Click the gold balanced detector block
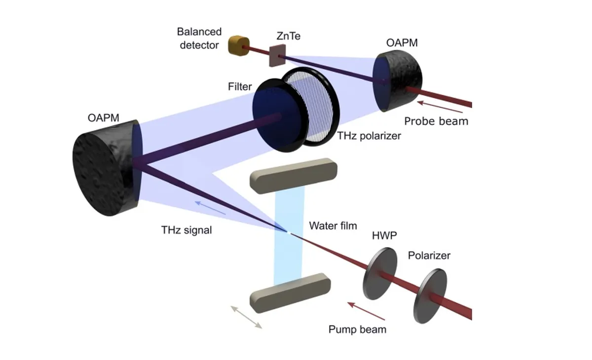pos(238,45)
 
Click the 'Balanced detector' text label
pos(199,38)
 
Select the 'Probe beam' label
pos(436,121)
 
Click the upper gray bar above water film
pos(295,175)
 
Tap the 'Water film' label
pos(333,226)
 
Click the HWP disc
pos(380,274)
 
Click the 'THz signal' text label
pos(186,230)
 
